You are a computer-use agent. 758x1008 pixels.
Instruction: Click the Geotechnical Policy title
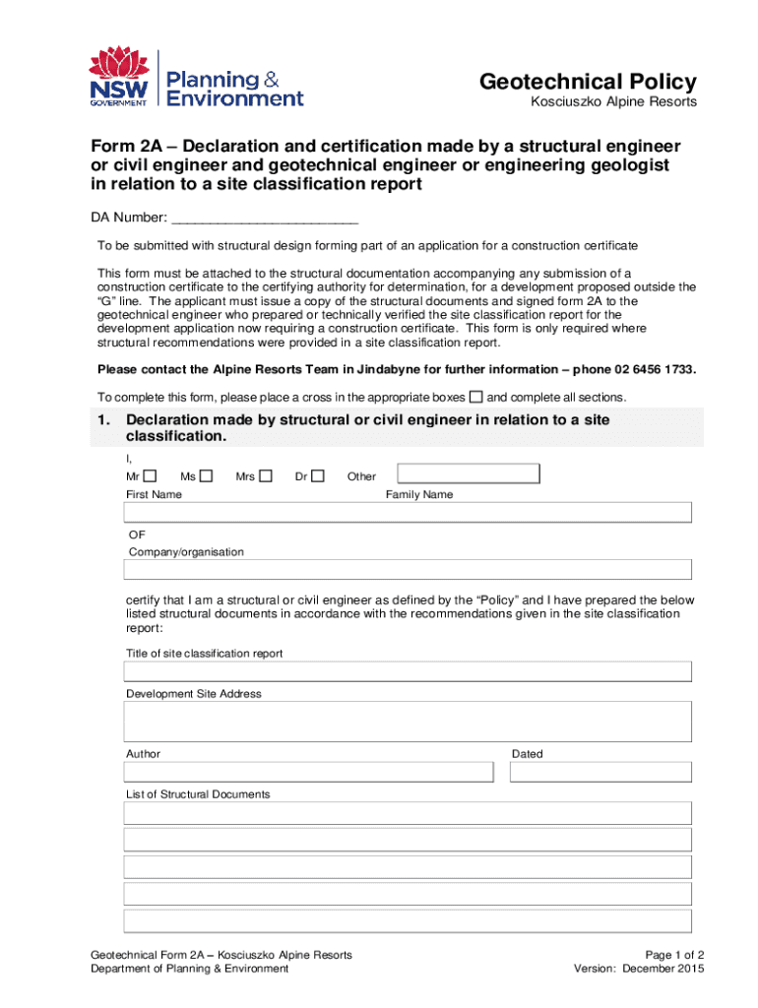tap(588, 82)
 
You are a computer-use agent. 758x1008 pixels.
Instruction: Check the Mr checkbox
tap(150, 476)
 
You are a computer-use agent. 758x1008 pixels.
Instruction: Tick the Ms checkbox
tap(206, 476)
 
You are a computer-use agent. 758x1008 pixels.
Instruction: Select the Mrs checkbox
tap(267, 476)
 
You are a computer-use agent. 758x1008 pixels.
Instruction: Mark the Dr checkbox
tap(318, 476)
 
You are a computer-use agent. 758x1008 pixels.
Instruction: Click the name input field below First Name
tap(408, 512)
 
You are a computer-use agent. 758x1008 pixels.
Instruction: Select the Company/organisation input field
tap(408, 570)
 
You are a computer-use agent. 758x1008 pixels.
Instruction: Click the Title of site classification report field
tap(408, 671)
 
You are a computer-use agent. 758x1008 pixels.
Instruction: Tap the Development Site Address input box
tap(408, 722)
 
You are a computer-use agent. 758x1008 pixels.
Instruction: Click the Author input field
tap(308, 772)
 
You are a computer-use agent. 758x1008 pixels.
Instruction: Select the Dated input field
tap(600, 772)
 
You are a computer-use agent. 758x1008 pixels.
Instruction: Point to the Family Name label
tap(419, 494)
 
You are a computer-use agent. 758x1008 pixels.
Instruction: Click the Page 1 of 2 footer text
tap(674, 955)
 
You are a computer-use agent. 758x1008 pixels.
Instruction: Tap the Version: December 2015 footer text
tap(639, 969)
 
